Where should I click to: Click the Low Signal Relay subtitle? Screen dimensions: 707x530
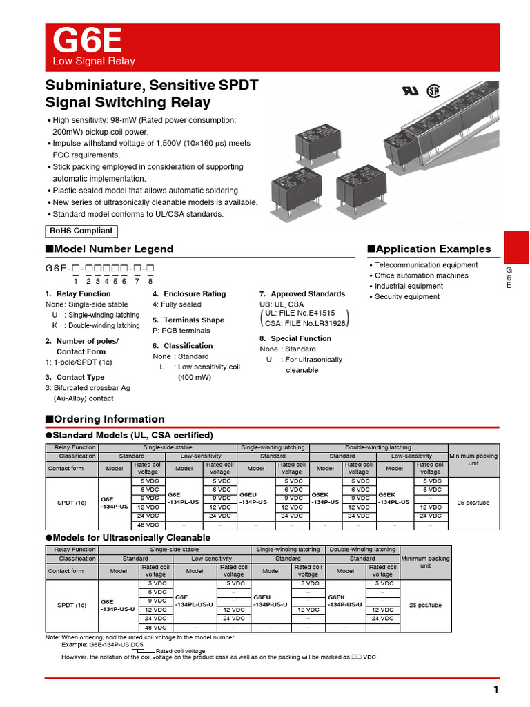[x=95, y=61]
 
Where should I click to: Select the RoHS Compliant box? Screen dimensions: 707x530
[x=81, y=231]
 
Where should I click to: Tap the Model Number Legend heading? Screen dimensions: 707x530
[x=109, y=249]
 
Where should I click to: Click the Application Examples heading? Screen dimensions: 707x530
[x=429, y=249]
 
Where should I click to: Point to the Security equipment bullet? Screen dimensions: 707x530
[x=406, y=296]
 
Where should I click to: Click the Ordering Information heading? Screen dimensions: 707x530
[x=105, y=419]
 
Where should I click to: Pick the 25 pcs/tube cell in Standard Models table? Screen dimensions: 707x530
[x=473, y=503]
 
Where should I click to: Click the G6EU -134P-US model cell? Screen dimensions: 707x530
[x=255, y=499]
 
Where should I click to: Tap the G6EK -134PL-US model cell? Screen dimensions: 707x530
[x=394, y=499]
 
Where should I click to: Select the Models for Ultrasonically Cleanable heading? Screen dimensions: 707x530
[x=128, y=537]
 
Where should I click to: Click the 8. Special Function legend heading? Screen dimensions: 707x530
[x=295, y=338]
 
